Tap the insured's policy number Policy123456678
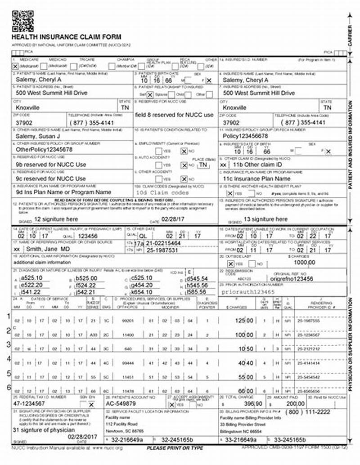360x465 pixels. coord(246,135)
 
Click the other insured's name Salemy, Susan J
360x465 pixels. coord(38,135)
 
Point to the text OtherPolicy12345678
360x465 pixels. coord(44,149)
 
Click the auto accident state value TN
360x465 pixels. coord(204,165)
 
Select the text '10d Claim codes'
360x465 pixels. coord(162,192)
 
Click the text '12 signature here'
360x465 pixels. coord(56,219)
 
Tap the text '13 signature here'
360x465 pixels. coord(265,219)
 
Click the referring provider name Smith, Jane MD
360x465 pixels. coord(47,249)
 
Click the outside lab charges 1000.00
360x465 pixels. coord(305,263)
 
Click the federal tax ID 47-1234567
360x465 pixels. coord(30,404)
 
